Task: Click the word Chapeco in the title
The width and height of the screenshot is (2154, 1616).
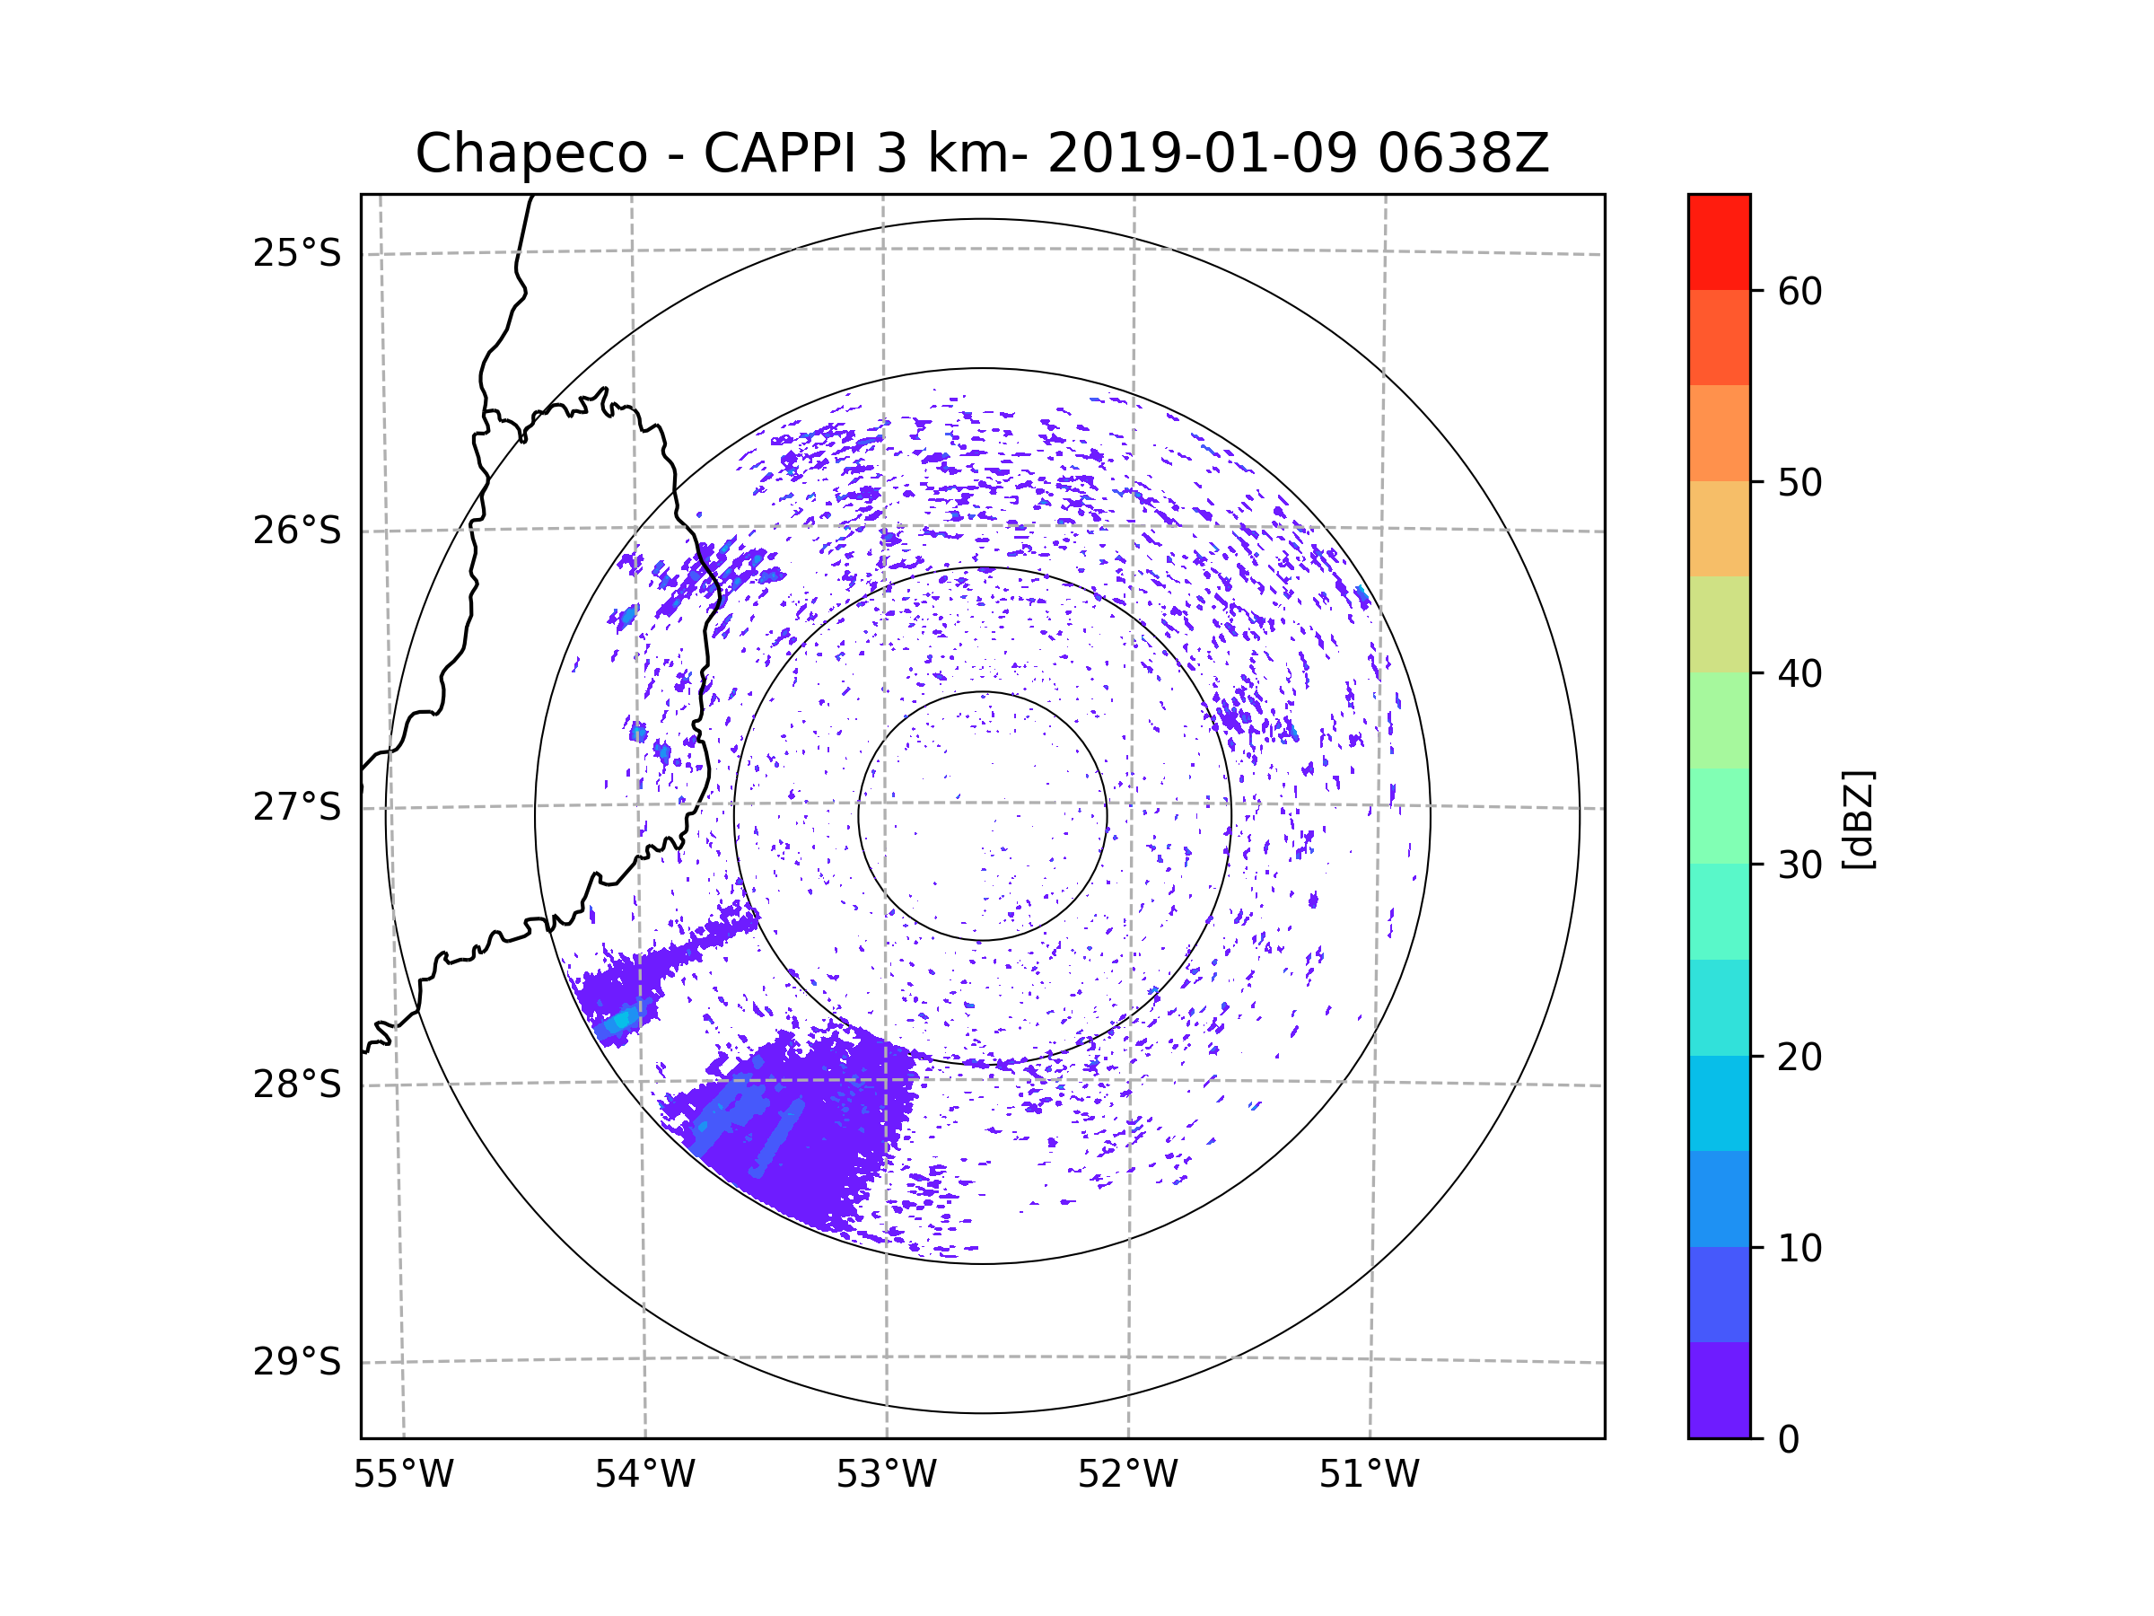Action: (x=530, y=154)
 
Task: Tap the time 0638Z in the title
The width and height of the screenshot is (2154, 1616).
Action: (x=1463, y=154)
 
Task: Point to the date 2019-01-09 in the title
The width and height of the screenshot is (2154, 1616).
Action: (x=1202, y=154)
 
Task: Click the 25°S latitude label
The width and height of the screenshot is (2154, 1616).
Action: (x=297, y=253)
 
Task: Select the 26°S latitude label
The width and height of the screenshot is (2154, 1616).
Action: (x=297, y=531)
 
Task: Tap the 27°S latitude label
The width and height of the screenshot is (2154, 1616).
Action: (x=297, y=807)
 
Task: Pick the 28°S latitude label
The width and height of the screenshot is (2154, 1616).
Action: (x=297, y=1085)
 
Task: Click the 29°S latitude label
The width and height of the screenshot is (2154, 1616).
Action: (x=297, y=1362)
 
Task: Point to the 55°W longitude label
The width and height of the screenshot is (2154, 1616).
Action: (x=403, y=1475)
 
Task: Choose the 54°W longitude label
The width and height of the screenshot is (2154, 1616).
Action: (x=644, y=1475)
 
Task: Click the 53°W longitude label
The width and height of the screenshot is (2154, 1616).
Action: (x=886, y=1475)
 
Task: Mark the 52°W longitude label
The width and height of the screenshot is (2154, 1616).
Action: (x=1127, y=1475)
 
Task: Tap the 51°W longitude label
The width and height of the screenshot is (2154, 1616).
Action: (x=1369, y=1475)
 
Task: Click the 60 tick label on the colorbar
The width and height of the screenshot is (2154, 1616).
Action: (x=1799, y=291)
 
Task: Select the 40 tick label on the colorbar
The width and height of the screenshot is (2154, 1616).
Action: (x=1799, y=673)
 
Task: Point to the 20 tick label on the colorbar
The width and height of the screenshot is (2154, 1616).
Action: (x=1799, y=1057)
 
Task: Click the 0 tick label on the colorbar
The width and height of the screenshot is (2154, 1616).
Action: (x=1789, y=1440)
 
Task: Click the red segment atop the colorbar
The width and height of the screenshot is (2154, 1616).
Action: (x=1719, y=242)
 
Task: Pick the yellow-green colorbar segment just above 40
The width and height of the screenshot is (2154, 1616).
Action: (x=1719, y=624)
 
